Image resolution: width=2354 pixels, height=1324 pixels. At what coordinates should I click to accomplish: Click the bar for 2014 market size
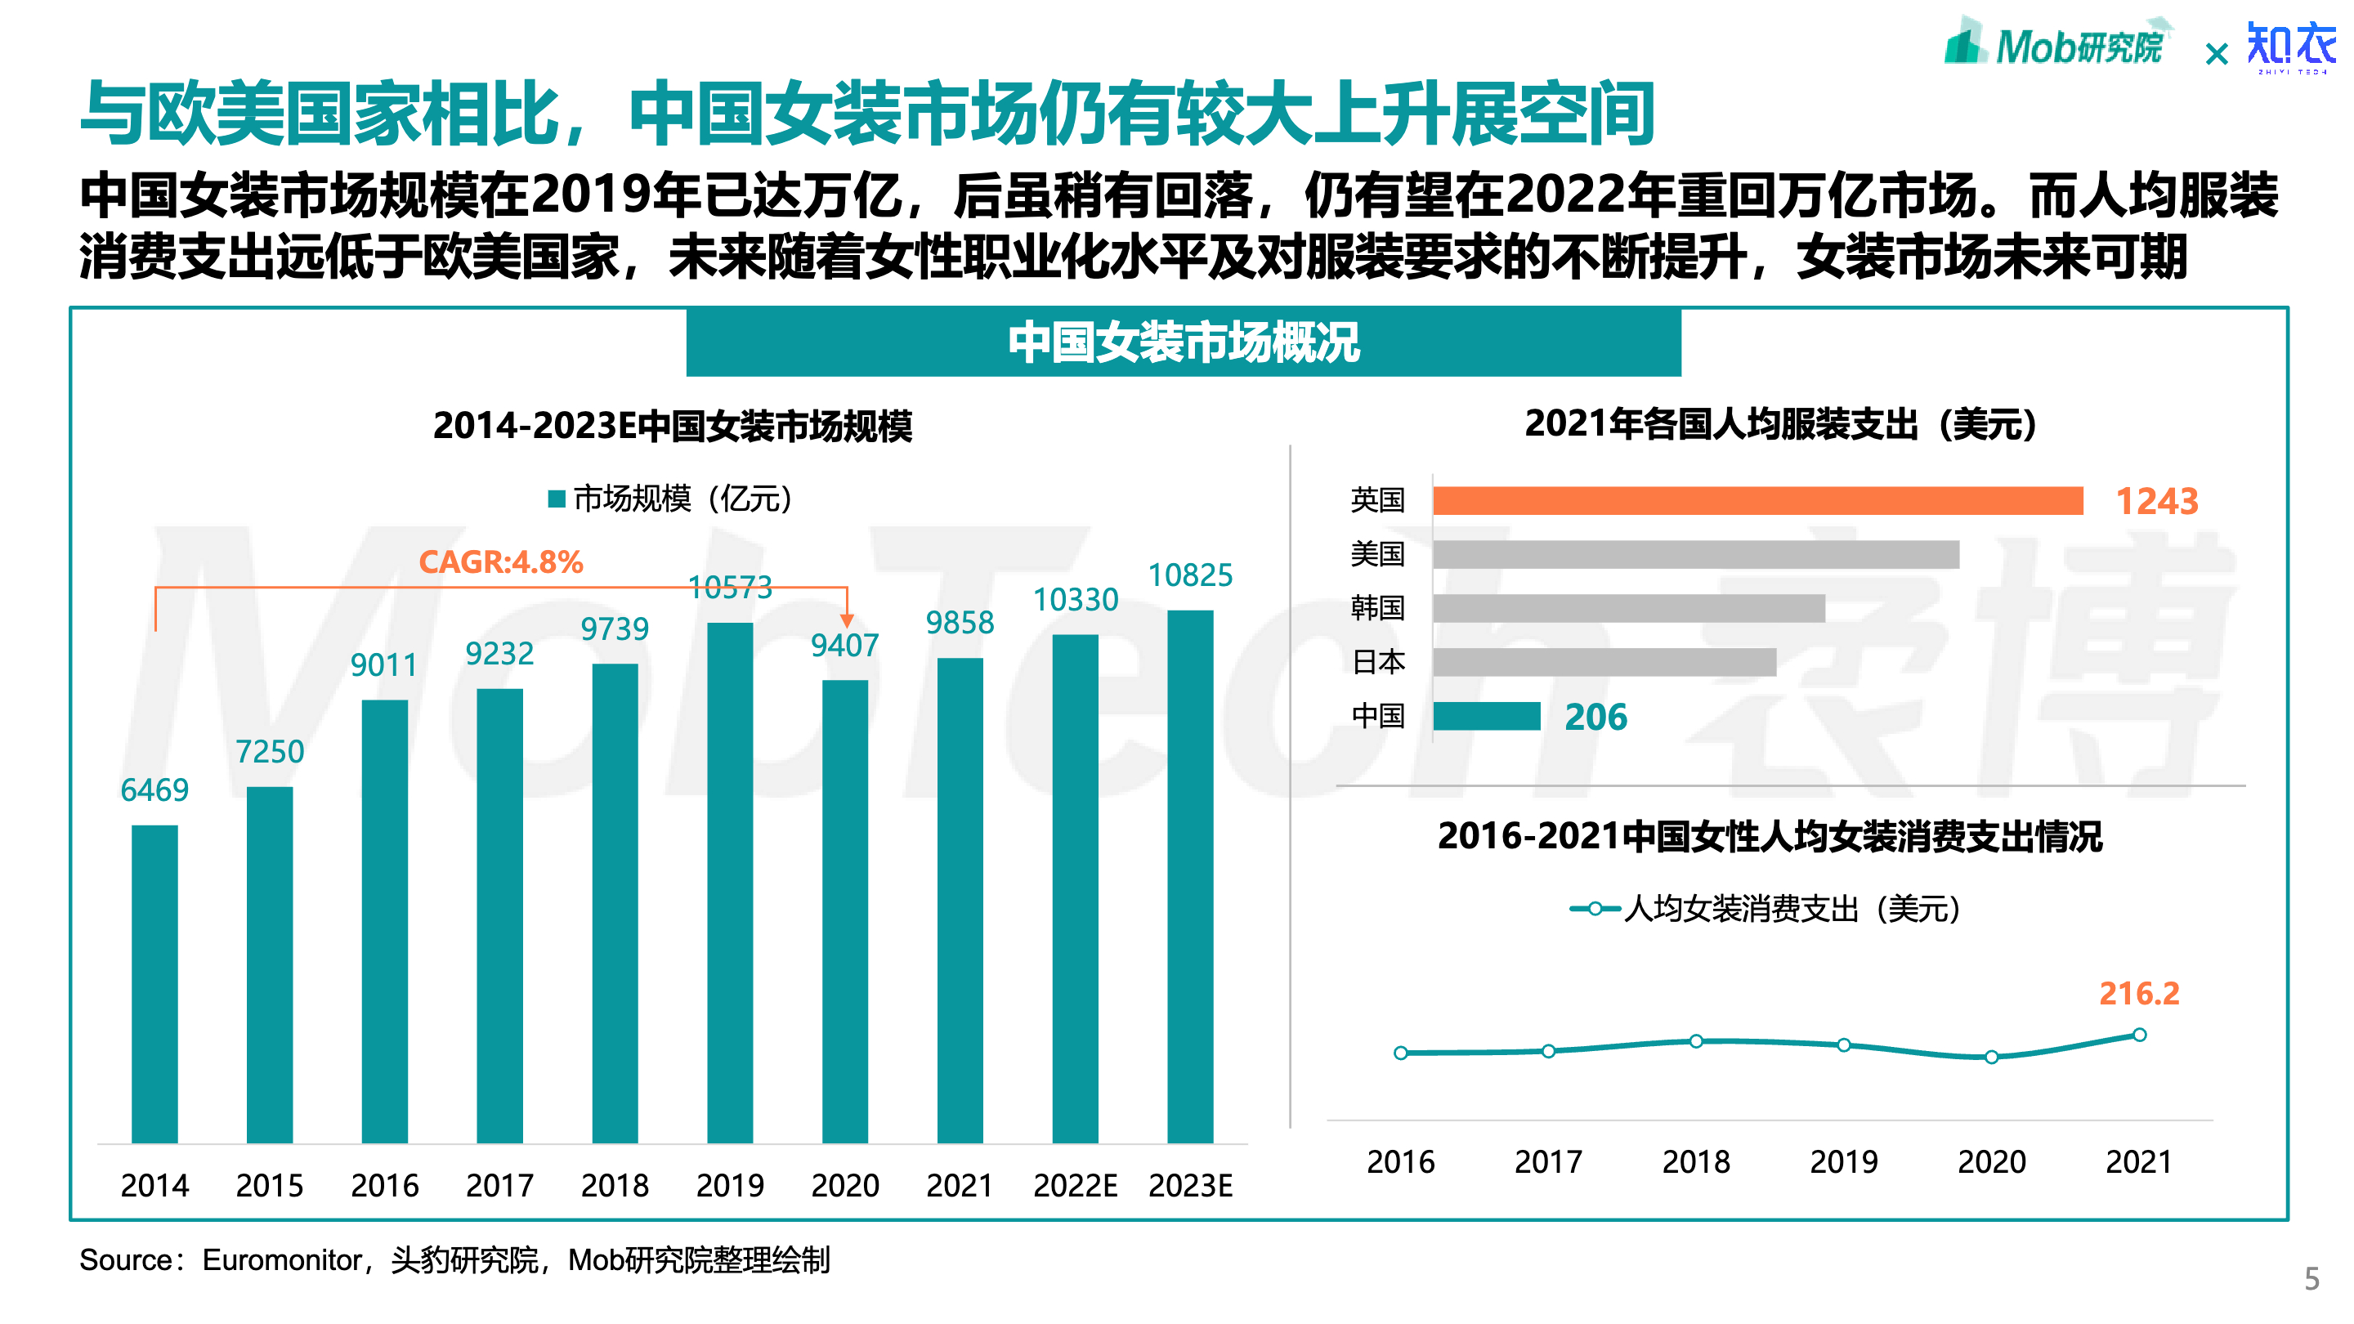(x=154, y=983)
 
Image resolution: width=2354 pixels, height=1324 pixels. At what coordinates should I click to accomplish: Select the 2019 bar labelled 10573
(x=730, y=882)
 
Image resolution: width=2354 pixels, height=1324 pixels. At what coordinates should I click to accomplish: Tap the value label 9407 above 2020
(x=844, y=645)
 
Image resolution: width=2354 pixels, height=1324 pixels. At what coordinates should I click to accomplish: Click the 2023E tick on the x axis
(x=1190, y=1185)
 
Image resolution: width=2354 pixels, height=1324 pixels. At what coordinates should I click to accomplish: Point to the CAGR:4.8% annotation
(x=501, y=561)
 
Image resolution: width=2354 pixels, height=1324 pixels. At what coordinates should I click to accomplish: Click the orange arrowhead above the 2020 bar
(x=847, y=620)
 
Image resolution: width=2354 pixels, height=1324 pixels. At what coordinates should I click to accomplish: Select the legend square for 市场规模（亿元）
(x=556, y=499)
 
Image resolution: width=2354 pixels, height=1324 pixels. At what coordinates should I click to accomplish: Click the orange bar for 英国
(x=1757, y=501)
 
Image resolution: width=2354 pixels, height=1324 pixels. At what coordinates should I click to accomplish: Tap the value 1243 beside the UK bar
(x=2157, y=501)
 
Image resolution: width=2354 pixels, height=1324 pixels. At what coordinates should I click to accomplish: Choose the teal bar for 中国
(x=1487, y=717)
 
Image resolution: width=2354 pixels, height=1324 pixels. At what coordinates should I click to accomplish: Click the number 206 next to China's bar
(x=1595, y=718)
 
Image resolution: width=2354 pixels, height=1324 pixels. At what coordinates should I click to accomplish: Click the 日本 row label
(x=1378, y=661)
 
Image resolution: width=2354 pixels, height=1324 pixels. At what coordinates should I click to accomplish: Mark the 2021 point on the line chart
(x=2139, y=1035)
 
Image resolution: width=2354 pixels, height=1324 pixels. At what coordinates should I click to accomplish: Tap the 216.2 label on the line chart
(x=2138, y=993)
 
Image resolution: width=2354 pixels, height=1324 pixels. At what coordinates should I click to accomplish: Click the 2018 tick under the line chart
(x=1696, y=1161)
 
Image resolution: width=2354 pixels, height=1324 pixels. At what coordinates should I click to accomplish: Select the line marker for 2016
(x=1401, y=1053)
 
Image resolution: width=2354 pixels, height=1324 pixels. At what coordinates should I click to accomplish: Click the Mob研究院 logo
(x=2056, y=44)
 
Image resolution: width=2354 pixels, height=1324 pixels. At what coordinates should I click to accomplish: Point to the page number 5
(x=2312, y=1277)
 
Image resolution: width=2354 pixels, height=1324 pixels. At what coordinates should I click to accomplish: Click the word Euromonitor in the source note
(x=281, y=1260)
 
